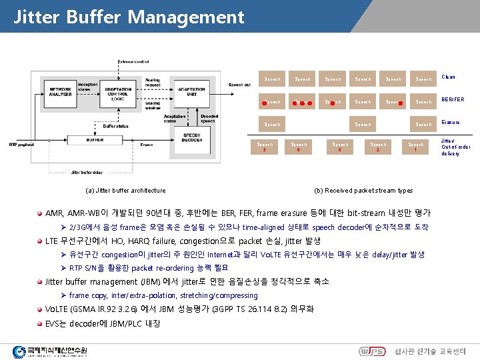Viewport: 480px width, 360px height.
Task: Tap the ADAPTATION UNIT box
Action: click(191, 92)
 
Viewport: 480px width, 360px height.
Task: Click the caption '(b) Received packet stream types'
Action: click(363, 191)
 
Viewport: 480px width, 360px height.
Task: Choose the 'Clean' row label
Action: click(448, 77)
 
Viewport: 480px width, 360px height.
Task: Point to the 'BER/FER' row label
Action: click(452, 100)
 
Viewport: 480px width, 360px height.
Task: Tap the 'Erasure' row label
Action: click(451, 123)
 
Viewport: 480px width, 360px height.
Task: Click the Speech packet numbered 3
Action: click(265, 147)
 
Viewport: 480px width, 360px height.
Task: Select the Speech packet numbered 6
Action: click(299, 147)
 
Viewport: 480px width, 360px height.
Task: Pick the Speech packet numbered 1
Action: click(416, 147)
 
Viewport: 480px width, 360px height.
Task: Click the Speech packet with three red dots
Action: click(302, 102)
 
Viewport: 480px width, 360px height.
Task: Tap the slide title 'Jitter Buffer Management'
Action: click(129, 16)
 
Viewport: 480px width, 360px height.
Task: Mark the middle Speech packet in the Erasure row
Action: click(363, 125)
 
